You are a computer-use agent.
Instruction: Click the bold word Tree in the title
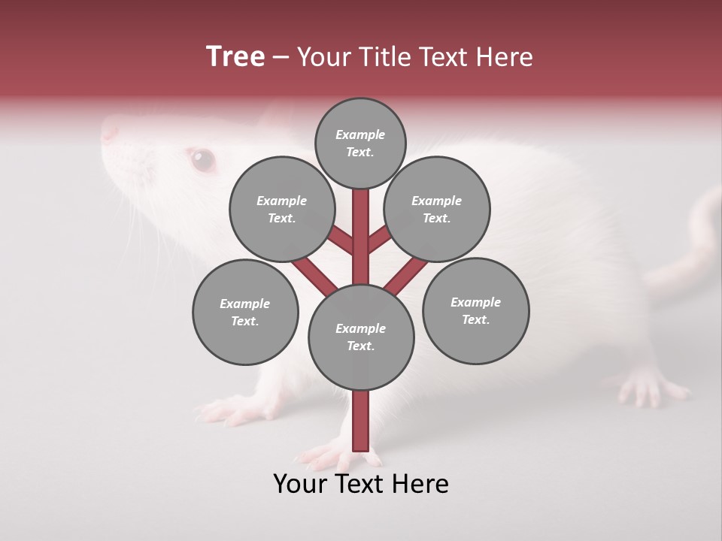coord(235,57)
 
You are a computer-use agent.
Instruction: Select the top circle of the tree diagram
coord(360,143)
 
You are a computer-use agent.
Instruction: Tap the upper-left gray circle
coord(282,209)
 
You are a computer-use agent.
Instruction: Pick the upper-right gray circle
coord(437,209)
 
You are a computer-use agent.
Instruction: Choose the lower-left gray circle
coord(245,312)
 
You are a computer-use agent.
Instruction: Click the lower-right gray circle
coord(475,310)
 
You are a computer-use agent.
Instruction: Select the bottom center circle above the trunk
coord(361,337)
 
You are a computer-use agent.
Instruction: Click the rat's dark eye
coord(202,159)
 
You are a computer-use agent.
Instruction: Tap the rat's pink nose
coord(110,132)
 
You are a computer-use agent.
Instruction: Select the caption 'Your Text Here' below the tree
coord(361,483)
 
